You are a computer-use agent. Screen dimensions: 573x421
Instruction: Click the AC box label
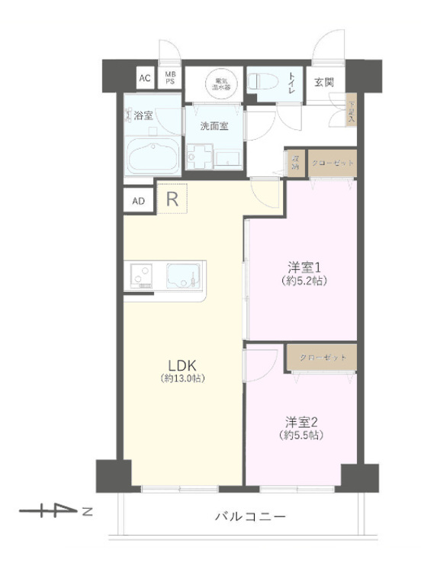[143, 78]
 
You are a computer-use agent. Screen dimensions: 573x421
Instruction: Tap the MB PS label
[170, 78]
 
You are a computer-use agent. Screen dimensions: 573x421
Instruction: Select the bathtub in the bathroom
[153, 156]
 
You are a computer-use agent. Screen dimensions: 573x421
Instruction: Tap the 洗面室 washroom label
[214, 125]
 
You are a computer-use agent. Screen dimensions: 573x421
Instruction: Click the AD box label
[139, 201]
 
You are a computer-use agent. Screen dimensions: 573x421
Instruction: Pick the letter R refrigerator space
[172, 200]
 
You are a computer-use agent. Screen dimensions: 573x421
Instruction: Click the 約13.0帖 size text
[183, 379]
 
